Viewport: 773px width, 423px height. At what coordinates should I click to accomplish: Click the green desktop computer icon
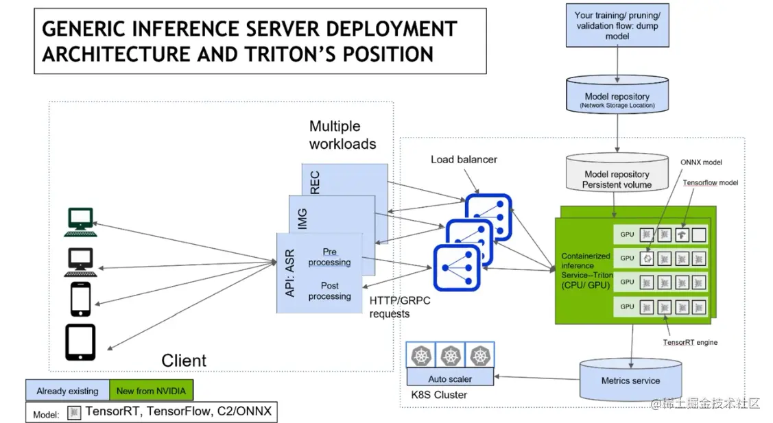(80, 222)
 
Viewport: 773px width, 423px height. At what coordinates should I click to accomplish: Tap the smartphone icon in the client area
(81, 300)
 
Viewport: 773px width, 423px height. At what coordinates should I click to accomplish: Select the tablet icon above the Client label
(80, 342)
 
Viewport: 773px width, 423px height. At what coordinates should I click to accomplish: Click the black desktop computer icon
(80, 261)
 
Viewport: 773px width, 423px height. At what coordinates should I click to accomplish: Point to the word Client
(184, 361)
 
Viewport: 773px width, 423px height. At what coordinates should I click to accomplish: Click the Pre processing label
(329, 257)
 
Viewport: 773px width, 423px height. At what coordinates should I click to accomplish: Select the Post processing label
(329, 291)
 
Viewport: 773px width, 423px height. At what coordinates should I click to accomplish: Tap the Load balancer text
(464, 160)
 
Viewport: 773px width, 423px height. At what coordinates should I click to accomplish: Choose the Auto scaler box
(450, 378)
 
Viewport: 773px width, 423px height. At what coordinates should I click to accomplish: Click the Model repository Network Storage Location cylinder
(617, 99)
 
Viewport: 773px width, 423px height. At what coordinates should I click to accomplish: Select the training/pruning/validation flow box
(617, 25)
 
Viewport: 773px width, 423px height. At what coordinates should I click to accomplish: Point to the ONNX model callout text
(701, 162)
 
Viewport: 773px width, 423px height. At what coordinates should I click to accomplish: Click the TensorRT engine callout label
(690, 341)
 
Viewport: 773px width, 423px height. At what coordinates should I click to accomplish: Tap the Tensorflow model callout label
(711, 183)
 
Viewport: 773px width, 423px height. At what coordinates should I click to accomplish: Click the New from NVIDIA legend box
(152, 391)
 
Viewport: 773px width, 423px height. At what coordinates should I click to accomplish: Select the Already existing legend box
(67, 391)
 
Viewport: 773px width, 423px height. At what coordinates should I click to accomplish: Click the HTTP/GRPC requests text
(399, 306)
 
